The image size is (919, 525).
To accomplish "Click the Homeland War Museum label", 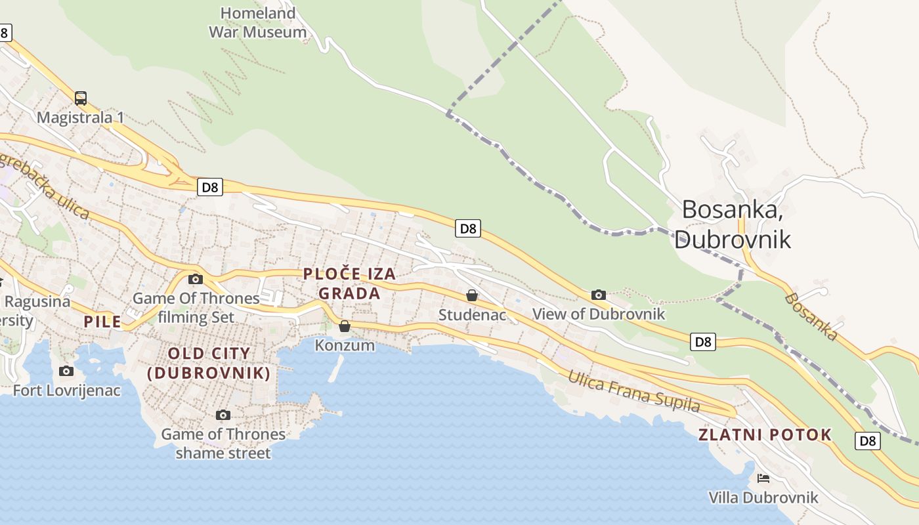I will [257, 22].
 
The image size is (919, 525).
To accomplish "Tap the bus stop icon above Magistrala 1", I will [81, 98].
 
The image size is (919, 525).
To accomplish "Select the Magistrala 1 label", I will [80, 117].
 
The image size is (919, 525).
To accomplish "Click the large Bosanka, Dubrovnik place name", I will [733, 223].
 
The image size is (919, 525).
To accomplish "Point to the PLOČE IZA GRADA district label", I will [349, 283].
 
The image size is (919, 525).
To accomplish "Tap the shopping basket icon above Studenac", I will [471, 295].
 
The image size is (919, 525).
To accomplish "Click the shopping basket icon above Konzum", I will [345, 326].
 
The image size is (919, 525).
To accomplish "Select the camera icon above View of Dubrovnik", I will [598, 295].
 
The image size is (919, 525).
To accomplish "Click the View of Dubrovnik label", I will [599, 314].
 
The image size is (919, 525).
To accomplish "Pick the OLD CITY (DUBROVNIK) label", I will [209, 363].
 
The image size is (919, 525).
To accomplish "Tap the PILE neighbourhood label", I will [102, 322].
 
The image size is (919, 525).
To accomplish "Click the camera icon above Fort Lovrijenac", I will [66, 371].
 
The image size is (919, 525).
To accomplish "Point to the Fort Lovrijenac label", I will [67, 390].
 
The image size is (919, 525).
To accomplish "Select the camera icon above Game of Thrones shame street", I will [223, 415].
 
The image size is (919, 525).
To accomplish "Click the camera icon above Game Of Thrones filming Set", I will [195, 279].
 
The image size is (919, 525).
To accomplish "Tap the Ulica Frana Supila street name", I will [633, 391].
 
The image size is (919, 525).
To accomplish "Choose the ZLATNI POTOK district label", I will [765, 434].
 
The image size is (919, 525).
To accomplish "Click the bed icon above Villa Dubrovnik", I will [763, 478].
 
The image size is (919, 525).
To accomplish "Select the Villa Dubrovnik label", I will [763, 497].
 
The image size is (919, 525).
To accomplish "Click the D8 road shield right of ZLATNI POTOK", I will [868, 441].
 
